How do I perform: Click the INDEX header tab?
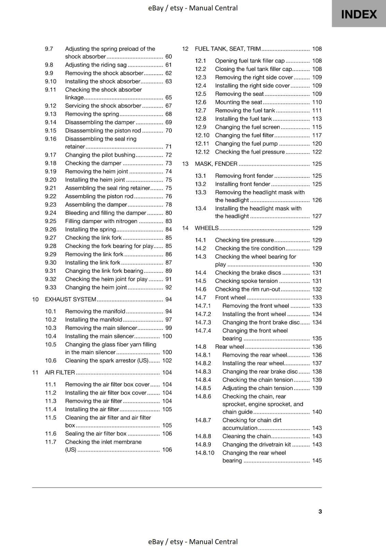point(359,14)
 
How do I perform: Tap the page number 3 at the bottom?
point(320,511)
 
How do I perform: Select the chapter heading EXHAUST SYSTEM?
point(71,299)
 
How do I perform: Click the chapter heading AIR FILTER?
point(60,372)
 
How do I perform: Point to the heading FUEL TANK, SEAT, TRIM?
point(228,49)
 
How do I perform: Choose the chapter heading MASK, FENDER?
point(216,164)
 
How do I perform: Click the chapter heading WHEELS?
point(207,228)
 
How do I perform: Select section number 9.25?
point(51,221)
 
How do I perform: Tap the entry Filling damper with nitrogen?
point(101,221)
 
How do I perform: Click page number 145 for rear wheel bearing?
point(317,460)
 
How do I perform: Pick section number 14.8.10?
point(205,453)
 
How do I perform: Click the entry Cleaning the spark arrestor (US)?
point(107,360)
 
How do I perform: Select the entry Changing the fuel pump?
point(246,144)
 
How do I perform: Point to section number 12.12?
point(202,152)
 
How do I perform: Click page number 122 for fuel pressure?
point(317,152)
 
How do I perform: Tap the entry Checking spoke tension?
point(246,281)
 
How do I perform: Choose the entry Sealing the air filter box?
point(96,433)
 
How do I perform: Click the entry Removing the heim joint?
point(97,171)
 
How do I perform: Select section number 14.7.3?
point(203,322)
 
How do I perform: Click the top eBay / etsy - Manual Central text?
point(193,8)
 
